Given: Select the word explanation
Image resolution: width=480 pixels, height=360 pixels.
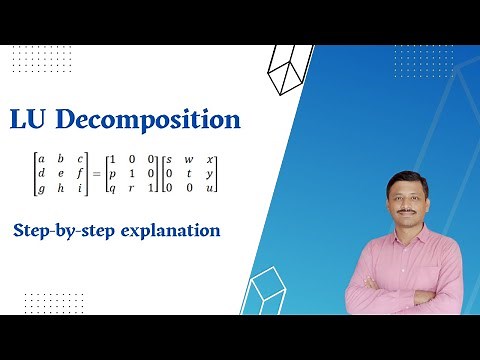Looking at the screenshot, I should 166,232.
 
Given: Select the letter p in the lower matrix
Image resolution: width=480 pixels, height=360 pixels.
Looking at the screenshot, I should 112,174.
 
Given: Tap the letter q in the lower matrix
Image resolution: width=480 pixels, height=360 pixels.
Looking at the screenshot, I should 112,189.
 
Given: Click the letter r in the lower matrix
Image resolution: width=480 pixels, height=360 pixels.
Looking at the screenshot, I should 130,189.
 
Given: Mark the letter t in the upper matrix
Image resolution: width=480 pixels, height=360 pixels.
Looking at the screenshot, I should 190,174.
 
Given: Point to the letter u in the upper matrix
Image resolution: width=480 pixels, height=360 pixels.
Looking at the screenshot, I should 211,189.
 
